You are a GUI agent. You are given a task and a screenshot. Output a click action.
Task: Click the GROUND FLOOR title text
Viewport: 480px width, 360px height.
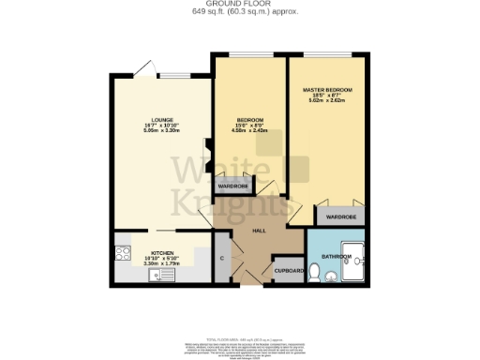[239, 5]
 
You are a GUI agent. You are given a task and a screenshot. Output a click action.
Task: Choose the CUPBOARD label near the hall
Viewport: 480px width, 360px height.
[287, 271]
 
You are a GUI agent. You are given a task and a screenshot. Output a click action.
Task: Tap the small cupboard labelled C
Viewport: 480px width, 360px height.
[221, 257]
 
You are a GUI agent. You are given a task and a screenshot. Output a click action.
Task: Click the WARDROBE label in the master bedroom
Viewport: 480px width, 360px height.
[341, 217]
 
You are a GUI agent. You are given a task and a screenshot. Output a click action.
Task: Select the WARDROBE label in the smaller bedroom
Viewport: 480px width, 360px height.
[232, 187]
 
